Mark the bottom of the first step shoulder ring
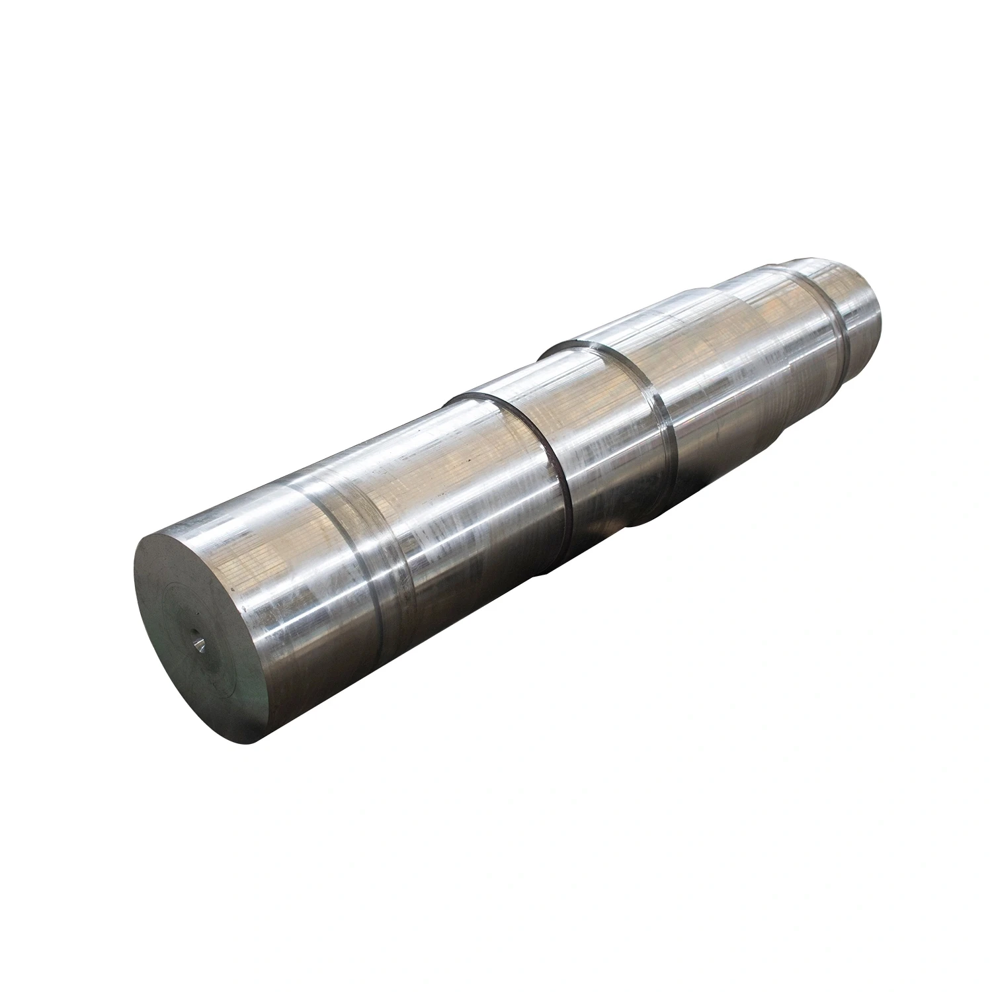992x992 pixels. (569, 522)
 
